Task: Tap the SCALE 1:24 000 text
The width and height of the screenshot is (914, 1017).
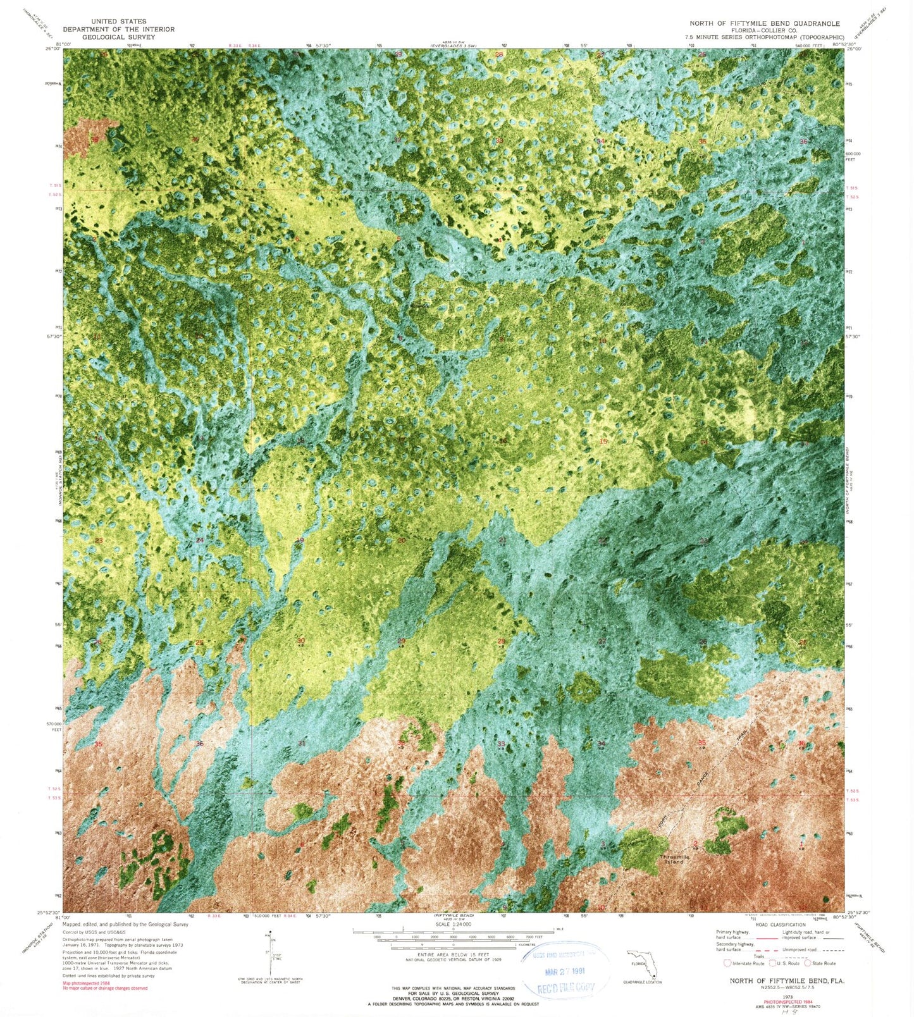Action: pos(454,925)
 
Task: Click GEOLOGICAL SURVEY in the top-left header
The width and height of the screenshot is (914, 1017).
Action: pos(118,37)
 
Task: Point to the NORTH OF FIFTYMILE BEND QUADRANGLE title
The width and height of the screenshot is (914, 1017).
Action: pos(765,23)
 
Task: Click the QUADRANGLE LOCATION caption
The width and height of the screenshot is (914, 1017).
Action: pos(642,982)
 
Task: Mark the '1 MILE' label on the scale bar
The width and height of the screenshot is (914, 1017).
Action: pos(559,928)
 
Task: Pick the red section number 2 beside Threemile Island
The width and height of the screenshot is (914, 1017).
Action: pos(696,844)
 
